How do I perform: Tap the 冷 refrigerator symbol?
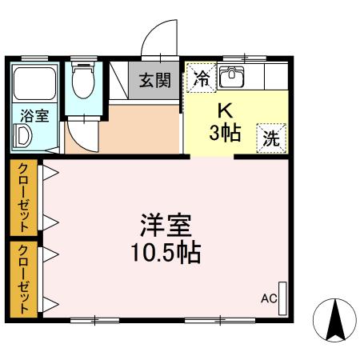(202, 78)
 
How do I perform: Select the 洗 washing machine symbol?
(271, 136)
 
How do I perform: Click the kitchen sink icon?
(231, 78)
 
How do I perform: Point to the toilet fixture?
(82, 81)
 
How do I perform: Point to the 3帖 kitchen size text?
(225, 134)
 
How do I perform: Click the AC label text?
(268, 300)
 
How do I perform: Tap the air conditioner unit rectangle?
(282, 296)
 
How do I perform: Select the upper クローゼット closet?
(23, 197)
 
